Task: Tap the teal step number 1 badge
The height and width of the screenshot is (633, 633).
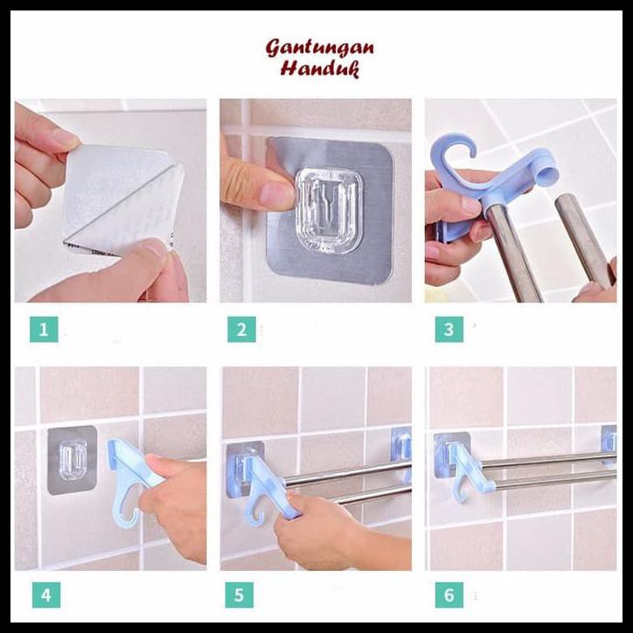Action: click(x=45, y=330)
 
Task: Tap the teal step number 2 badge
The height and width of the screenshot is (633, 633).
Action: click(x=241, y=330)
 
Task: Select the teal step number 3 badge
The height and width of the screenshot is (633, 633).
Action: click(x=449, y=330)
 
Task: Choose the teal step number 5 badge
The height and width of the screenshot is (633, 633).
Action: click(x=241, y=596)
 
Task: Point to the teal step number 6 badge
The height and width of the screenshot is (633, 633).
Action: click(x=449, y=596)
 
